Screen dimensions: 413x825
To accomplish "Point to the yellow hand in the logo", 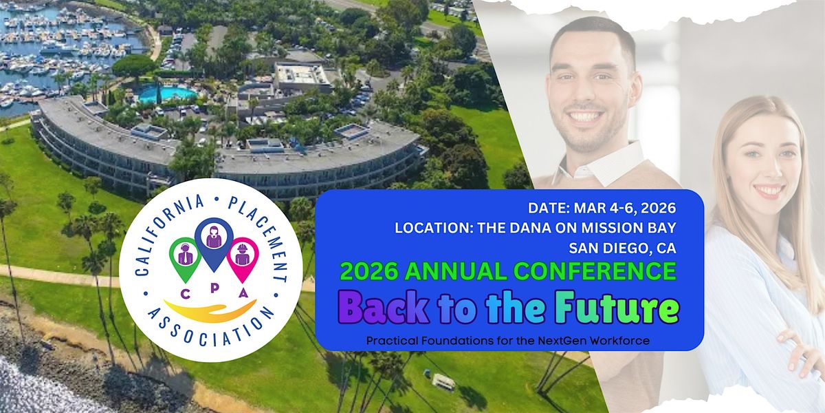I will click(x=210, y=309).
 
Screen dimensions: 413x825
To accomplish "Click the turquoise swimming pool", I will click(x=167, y=94).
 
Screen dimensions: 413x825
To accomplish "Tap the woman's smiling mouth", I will click(x=769, y=189).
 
